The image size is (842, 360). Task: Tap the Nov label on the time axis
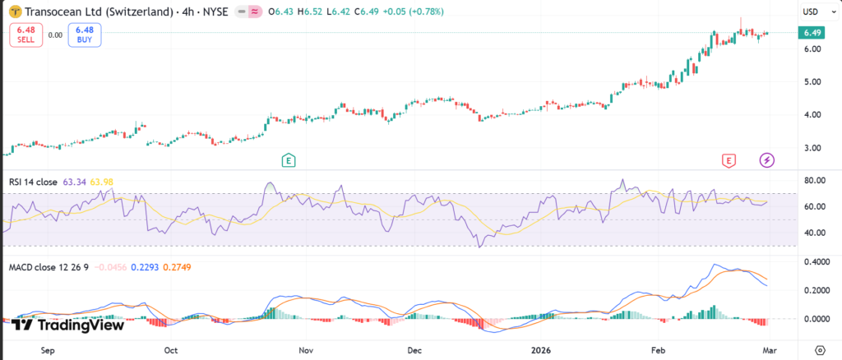pyautogui.click(x=306, y=349)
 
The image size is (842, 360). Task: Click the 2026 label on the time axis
pyautogui.click(x=540, y=349)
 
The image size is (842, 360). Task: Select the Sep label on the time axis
pyautogui.click(x=47, y=349)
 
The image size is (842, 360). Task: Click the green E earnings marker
pyautogui.click(x=289, y=160)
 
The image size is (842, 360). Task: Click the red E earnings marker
pyautogui.click(x=728, y=160)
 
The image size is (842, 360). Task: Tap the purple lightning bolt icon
pyautogui.click(x=767, y=160)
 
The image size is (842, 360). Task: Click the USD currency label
pyautogui.click(x=810, y=12)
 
